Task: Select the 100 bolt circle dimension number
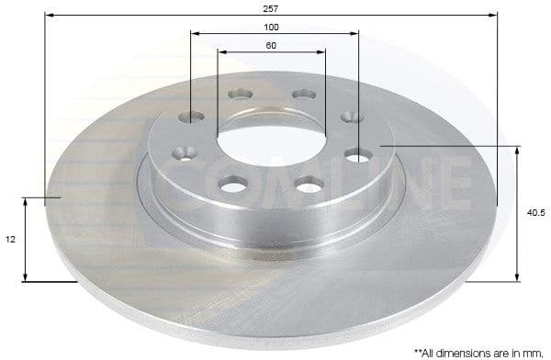coord(273,27)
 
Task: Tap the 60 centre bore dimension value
coord(272,45)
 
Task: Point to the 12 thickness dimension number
coord(10,239)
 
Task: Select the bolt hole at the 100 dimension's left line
coord(192,116)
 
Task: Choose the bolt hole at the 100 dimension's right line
coord(357,154)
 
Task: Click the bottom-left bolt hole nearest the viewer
coord(231,186)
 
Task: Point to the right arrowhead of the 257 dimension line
coord(496,16)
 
